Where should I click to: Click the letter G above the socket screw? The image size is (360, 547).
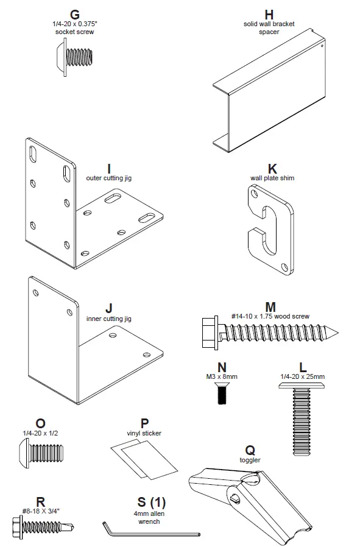coord(75,14)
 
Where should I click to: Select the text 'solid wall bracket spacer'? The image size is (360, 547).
coord(269,27)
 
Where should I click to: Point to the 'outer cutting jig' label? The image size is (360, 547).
coord(109,178)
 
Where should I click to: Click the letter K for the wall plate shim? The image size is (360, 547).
coord(272,168)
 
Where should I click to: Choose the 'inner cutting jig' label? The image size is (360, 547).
coord(109,319)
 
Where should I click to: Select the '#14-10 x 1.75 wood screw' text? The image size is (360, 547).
coord(270,316)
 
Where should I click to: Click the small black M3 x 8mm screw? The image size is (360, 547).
coord(222,395)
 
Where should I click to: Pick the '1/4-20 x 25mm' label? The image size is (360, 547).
coord(303,376)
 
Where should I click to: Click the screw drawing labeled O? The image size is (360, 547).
coord(40,453)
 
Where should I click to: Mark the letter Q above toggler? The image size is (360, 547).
coord(250,450)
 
